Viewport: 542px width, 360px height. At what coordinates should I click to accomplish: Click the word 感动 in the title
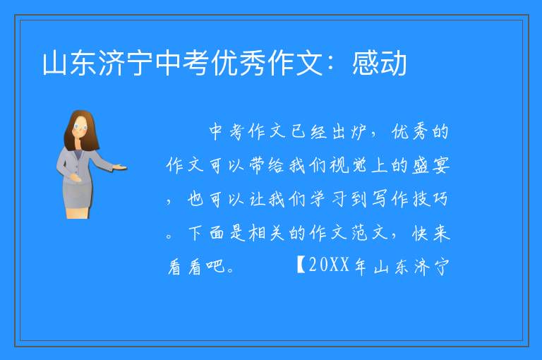tap(379, 64)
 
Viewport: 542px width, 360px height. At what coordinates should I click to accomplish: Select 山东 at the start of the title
tap(69, 64)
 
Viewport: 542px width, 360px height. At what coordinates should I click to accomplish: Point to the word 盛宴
tap(431, 165)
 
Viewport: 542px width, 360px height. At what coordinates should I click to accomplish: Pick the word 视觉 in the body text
tap(348, 165)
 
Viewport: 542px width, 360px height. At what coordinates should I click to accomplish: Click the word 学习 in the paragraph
tap(327, 199)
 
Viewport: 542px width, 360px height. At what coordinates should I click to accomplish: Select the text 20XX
tap(328, 265)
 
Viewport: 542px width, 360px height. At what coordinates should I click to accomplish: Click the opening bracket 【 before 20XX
tap(301, 265)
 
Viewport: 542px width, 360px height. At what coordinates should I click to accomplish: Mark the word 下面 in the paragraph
tap(206, 233)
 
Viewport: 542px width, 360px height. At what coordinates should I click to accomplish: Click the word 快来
tap(431, 233)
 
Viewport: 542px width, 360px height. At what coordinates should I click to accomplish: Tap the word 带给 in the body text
tap(266, 165)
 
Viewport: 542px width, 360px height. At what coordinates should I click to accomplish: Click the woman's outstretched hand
tap(120, 168)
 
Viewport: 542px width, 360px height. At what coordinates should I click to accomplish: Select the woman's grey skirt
tap(78, 194)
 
